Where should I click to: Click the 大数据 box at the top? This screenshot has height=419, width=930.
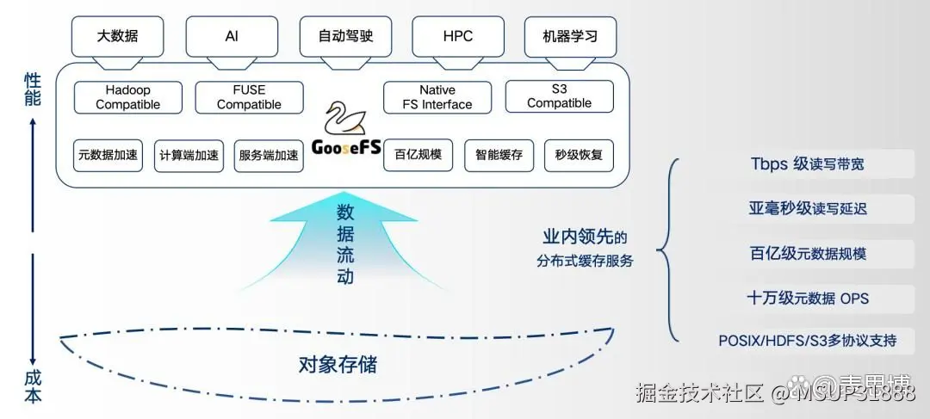[x=117, y=37]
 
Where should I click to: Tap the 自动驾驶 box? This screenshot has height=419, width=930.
[x=344, y=37]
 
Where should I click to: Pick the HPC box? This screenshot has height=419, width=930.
[x=457, y=37]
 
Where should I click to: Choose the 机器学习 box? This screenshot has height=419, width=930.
[x=570, y=37]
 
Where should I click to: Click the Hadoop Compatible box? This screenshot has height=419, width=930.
[x=128, y=97]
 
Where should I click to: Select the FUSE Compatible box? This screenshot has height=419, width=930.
[x=249, y=97]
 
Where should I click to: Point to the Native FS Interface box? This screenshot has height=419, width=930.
[x=437, y=97]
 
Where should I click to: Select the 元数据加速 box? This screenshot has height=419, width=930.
[x=108, y=156]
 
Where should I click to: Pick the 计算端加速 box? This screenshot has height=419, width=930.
[x=188, y=156]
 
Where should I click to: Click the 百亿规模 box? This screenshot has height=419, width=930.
[x=418, y=156]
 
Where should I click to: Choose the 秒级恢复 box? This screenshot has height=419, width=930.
[x=579, y=156]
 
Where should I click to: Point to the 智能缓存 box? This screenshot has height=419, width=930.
[x=499, y=156]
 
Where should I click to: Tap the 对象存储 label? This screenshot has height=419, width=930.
[x=337, y=364]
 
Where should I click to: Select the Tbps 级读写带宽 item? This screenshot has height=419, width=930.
[x=807, y=163]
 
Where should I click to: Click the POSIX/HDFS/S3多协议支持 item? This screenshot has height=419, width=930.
[x=807, y=341]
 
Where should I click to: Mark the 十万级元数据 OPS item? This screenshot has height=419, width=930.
[x=807, y=298]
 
